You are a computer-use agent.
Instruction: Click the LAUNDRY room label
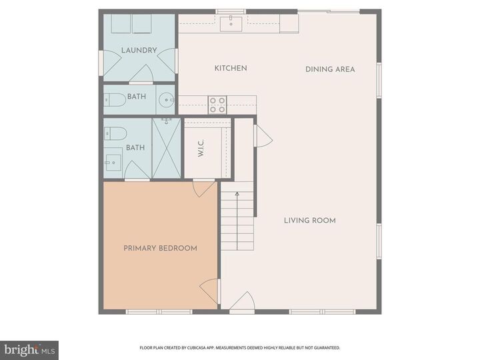(x=139, y=50)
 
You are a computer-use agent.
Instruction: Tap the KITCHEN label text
(x=231, y=68)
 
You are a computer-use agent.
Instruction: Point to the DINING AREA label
(x=330, y=69)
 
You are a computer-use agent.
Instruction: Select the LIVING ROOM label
(x=309, y=221)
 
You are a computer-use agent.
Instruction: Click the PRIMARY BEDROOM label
(x=160, y=248)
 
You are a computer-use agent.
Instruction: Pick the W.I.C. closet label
(x=201, y=151)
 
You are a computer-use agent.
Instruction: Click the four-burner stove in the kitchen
(x=217, y=104)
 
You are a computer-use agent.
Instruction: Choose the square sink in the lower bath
(x=113, y=162)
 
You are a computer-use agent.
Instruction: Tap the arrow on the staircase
(x=237, y=195)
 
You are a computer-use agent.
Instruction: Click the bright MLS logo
(x=29, y=349)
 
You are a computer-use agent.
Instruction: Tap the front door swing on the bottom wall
(x=241, y=301)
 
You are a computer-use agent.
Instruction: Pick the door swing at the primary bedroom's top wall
(x=201, y=189)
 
